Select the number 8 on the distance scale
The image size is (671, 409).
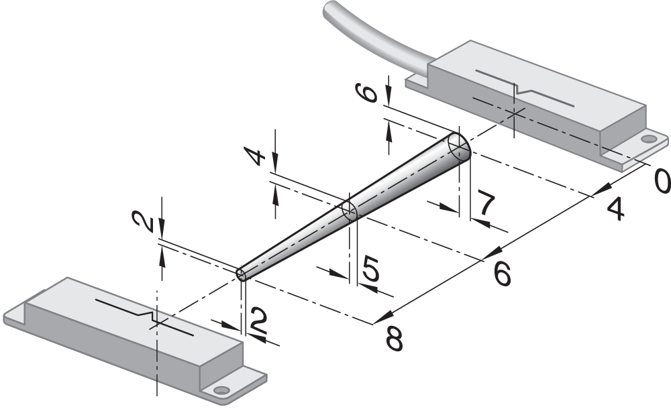pos(394,339)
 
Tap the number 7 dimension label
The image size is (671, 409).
pos(485,205)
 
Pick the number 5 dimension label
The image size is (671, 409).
pos(370,268)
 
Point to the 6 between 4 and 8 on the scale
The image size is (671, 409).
pos(502,274)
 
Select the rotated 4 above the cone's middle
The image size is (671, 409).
pos(254,156)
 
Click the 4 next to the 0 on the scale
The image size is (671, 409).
pos(616,209)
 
